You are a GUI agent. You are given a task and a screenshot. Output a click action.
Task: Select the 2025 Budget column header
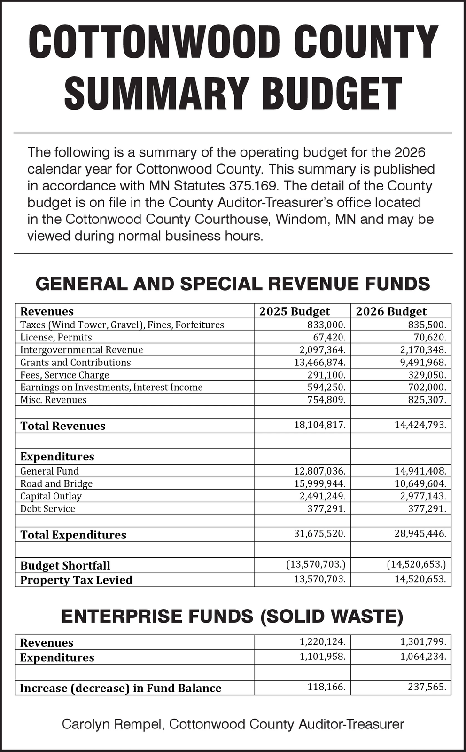(295, 311)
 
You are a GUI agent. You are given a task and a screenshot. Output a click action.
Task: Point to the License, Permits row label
(56, 337)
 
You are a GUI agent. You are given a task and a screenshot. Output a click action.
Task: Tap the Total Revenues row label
(63, 426)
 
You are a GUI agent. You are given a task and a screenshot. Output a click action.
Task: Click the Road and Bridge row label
(56, 483)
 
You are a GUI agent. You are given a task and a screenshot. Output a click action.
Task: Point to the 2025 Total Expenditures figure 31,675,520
(319, 534)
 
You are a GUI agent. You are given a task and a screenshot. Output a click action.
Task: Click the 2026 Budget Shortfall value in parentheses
(416, 564)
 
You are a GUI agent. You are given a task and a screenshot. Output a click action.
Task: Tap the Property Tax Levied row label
(76, 580)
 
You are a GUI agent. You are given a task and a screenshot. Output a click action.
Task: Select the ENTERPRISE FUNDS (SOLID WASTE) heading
(233, 617)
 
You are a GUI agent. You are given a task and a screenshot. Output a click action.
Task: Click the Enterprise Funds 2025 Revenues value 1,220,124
(322, 641)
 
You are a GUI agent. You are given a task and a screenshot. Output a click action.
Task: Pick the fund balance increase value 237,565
(427, 687)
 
